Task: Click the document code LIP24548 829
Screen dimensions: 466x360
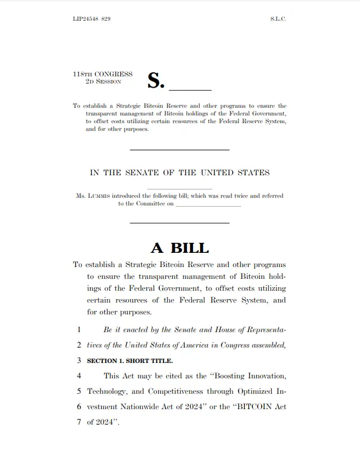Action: [91, 20]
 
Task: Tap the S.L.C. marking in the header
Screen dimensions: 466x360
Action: [278, 20]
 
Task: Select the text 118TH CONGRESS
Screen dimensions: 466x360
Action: [102, 75]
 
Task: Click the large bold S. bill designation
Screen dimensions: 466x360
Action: [155, 81]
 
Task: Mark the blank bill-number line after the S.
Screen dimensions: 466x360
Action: [190, 89]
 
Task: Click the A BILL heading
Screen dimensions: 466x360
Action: [179, 248]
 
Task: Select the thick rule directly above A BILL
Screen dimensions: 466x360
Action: [179, 223]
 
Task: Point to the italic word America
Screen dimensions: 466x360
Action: [191, 345]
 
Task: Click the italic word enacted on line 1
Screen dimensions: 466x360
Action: [129, 329]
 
